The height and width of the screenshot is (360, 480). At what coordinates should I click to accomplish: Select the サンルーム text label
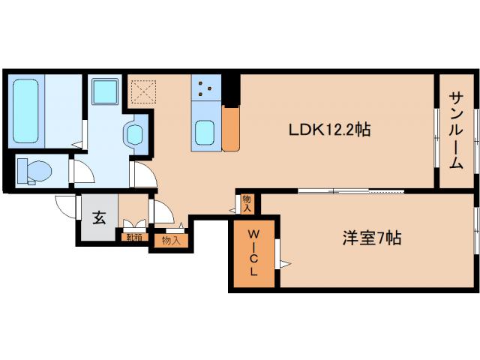(x=456, y=130)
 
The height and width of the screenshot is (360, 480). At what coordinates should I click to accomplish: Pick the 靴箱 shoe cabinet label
(x=133, y=237)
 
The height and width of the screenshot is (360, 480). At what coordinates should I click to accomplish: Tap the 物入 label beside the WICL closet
(x=247, y=202)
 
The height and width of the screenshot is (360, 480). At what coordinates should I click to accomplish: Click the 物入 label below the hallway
(x=171, y=241)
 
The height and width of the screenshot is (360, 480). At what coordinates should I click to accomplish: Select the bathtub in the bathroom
(x=26, y=112)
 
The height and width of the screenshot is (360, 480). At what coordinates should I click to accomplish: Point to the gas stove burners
(x=205, y=89)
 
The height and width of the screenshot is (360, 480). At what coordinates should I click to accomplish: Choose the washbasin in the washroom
(x=135, y=135)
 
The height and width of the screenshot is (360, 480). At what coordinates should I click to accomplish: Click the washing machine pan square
(x=103, y=92)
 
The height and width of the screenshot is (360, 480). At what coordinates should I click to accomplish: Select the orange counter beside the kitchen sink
(x=231, y=128)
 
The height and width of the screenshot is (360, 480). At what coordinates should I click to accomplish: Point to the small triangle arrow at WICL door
(x=284, y=263)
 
